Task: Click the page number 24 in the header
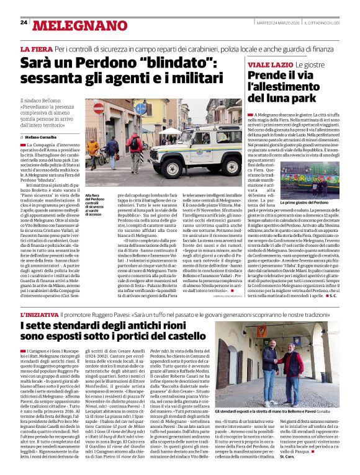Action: (x=24, y=22)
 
